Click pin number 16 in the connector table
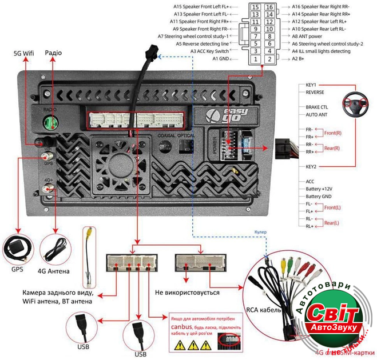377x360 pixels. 269,6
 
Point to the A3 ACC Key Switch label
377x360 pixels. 209,51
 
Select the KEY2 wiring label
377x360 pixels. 312,166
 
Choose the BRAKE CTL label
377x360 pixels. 317,107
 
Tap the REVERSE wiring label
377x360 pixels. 315,91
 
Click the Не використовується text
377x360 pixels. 187,292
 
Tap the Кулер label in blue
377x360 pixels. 260,231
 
